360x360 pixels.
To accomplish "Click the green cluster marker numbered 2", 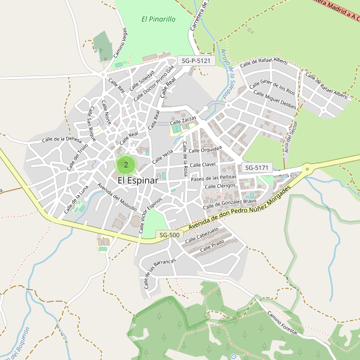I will coord(126,164).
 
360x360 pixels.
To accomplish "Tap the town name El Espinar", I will coord(137,180).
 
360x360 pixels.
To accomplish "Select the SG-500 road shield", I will coord(169,235).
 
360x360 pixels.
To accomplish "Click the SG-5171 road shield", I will coord(257,167).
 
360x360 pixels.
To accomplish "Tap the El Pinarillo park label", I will coord(158,19).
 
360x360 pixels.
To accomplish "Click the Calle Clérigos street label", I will coord(220,187).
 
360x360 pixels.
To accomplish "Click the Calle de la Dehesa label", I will coord(61,139).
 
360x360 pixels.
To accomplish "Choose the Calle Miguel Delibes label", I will coord(275,99).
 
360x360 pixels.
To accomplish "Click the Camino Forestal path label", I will coord(282,325).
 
